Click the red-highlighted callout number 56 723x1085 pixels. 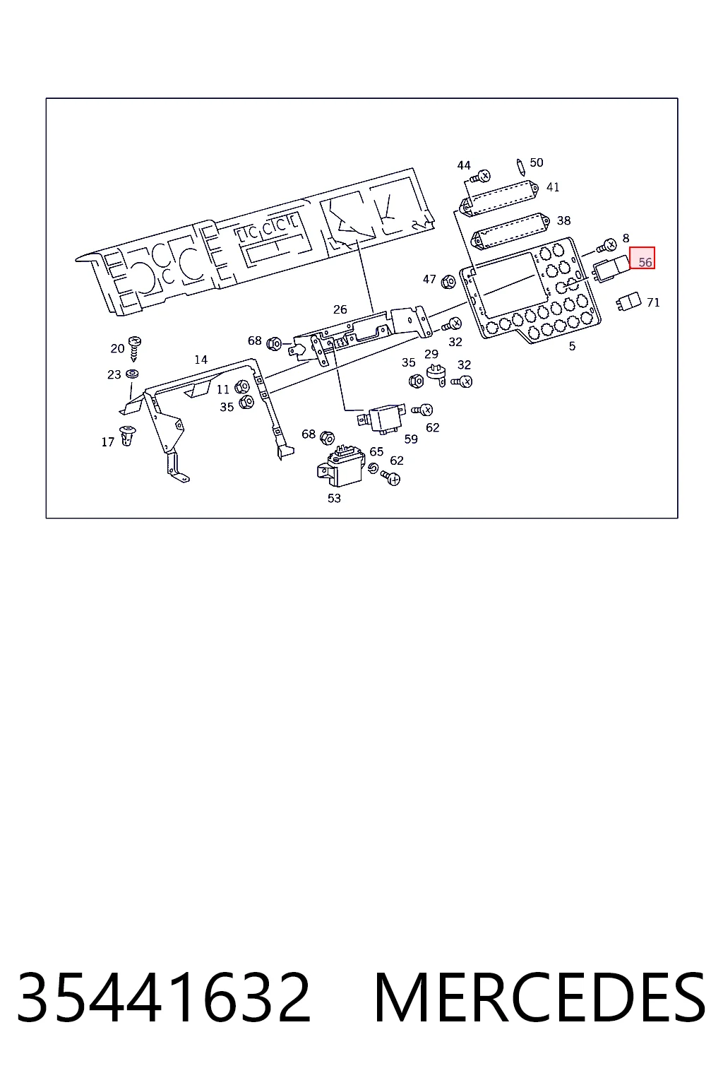coord(645,263)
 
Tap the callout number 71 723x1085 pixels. coord(653,302)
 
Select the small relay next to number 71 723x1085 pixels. coord(628,301)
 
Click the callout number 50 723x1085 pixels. coord(537,162)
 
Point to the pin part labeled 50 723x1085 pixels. coord(520,167)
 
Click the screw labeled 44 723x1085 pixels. coord(480,177)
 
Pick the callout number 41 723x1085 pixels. coord(553,187)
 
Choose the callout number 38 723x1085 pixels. coord(563,221)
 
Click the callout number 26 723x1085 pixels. coord(340,309)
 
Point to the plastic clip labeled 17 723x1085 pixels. coord(127,435)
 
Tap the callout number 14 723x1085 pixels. coord(201,360)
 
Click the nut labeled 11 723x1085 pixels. coord(241,387)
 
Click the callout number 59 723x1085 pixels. coord(411,439)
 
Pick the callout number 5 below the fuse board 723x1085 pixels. coord(572,346)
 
